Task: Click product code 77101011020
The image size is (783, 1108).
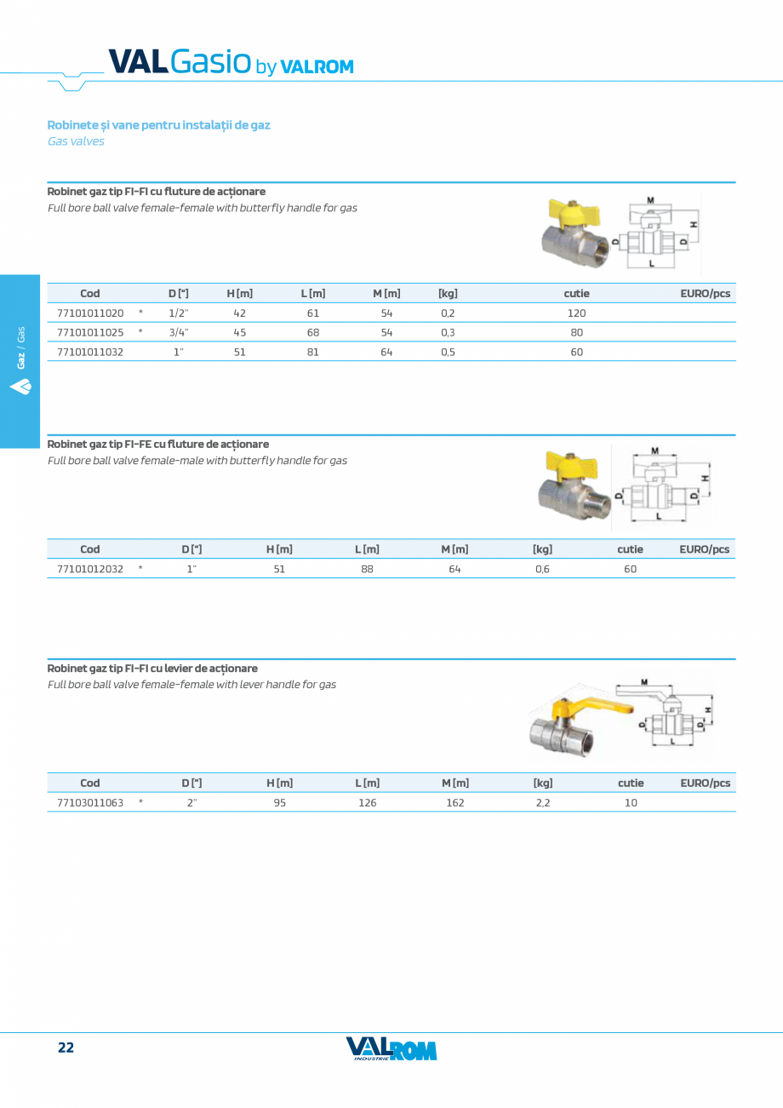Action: [90, 313]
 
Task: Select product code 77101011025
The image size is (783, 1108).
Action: [90, 332]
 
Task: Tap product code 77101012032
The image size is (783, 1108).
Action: [90, 569]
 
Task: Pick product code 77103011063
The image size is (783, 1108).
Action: [90, 802]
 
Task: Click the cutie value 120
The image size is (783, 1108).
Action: [576, 313]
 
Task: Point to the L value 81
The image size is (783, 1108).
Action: [312, 352]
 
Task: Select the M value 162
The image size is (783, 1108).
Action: [455, 802]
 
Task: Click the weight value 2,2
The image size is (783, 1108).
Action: [542, 802]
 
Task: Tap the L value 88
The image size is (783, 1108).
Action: [367, 569]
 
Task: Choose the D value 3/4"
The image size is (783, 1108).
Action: [179, 332]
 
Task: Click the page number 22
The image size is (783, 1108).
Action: [66, 1048]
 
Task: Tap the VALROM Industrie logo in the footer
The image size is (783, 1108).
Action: [391, 1048]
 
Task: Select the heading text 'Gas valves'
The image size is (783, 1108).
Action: [76, 141]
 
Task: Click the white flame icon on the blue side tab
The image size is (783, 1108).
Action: [21, 388]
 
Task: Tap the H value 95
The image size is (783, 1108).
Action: [279, 802]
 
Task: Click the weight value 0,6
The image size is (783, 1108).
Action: [542, 569]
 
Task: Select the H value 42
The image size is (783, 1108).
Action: [239, 313]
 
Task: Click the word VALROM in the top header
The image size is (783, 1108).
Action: [317, 67]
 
